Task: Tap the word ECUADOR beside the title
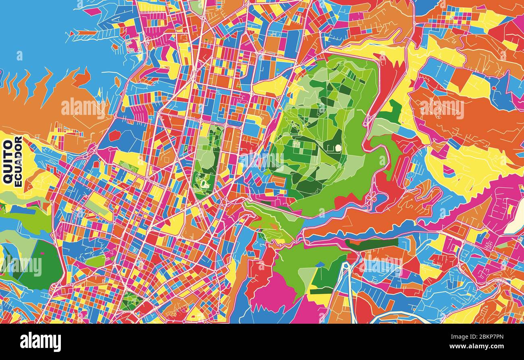(x=18, y=161)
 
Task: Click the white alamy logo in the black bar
(x=40, y=341)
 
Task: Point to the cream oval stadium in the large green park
(x=338, y=148)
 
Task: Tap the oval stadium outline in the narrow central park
(x=201, y=184)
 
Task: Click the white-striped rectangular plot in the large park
(x=297, y=144)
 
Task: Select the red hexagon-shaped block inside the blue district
(x=115, y=135)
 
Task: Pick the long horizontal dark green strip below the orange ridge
(x=371, y=243)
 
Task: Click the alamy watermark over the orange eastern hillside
(x=442, y=108)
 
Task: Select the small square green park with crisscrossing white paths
(x=131, y=301)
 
